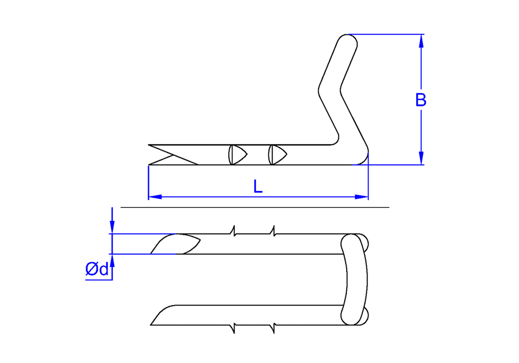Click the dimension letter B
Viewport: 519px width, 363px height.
click(x=421, y=100)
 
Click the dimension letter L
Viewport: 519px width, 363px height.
click(x=258, y=186)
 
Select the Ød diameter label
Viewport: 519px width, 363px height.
click(x=97, y=269)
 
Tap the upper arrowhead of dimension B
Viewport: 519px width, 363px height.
click(x=421, y=41)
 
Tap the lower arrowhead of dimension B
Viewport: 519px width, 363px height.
click(x=421, y=158)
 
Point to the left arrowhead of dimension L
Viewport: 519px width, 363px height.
click(x=155, y=197)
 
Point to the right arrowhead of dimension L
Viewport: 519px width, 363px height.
click(x=361, y=197)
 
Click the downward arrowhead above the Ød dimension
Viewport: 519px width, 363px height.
click(x=112, y=227)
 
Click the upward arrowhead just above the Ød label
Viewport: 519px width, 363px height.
click(x=112, y=261)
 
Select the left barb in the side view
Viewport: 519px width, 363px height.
click(x=238, y=155)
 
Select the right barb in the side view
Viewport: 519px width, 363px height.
click(x=277, y=155)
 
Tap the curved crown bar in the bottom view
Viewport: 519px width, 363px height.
click(x=354, y=280)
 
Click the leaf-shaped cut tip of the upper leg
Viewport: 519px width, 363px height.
click(x=175, y=244)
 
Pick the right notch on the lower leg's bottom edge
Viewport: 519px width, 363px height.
click(x=273, y=329)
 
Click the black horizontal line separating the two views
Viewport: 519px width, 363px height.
click(x=255, y=207)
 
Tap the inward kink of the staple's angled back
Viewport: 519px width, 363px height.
click(x=330, y=90)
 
